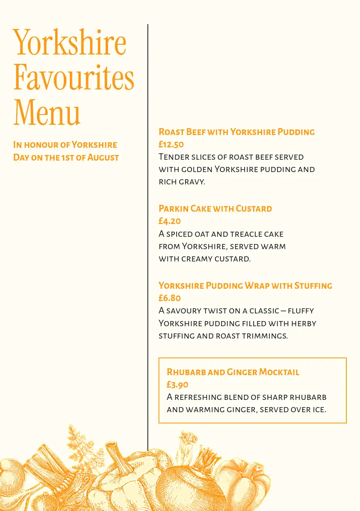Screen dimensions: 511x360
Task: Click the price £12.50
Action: click(x=171, y=144)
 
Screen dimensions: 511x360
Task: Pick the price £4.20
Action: click(x=169, y=221)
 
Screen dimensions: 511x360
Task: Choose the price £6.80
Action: click(x=169, y=298)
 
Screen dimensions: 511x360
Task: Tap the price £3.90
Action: click(x=177, y=385)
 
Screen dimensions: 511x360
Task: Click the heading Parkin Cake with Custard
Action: click(x=215, y=209)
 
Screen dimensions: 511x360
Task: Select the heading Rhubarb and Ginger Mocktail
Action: click(x=233, y=372)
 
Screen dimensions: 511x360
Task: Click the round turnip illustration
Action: click(x=187, y=485)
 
